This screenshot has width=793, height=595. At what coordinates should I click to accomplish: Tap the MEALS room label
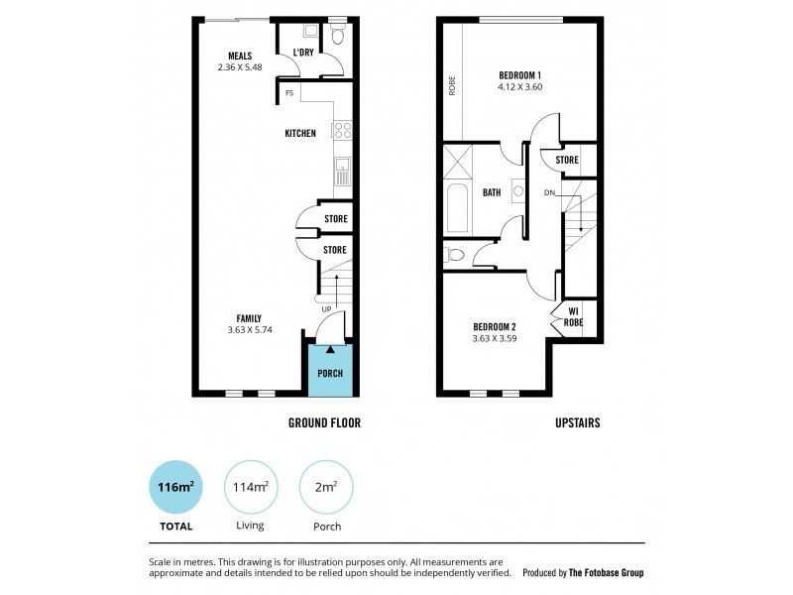click(x=239, y=57)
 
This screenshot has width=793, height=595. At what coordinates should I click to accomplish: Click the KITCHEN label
click(x=300, y=133)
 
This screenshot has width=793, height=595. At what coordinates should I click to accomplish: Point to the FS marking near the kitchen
click(x=289, y=93)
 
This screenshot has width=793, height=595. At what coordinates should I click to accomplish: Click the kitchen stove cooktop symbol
click(x=342, y=130)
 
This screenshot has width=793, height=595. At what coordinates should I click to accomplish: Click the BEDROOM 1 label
click(x=520, y=74)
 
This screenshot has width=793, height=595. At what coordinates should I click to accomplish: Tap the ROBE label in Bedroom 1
click(x=452, y=87)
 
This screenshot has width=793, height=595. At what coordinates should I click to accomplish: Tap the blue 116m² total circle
click(x=175, y=487)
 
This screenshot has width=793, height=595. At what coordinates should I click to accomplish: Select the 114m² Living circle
click(x=251, y=487)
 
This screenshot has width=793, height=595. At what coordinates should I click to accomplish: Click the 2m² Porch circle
click(x=326, y=487)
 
